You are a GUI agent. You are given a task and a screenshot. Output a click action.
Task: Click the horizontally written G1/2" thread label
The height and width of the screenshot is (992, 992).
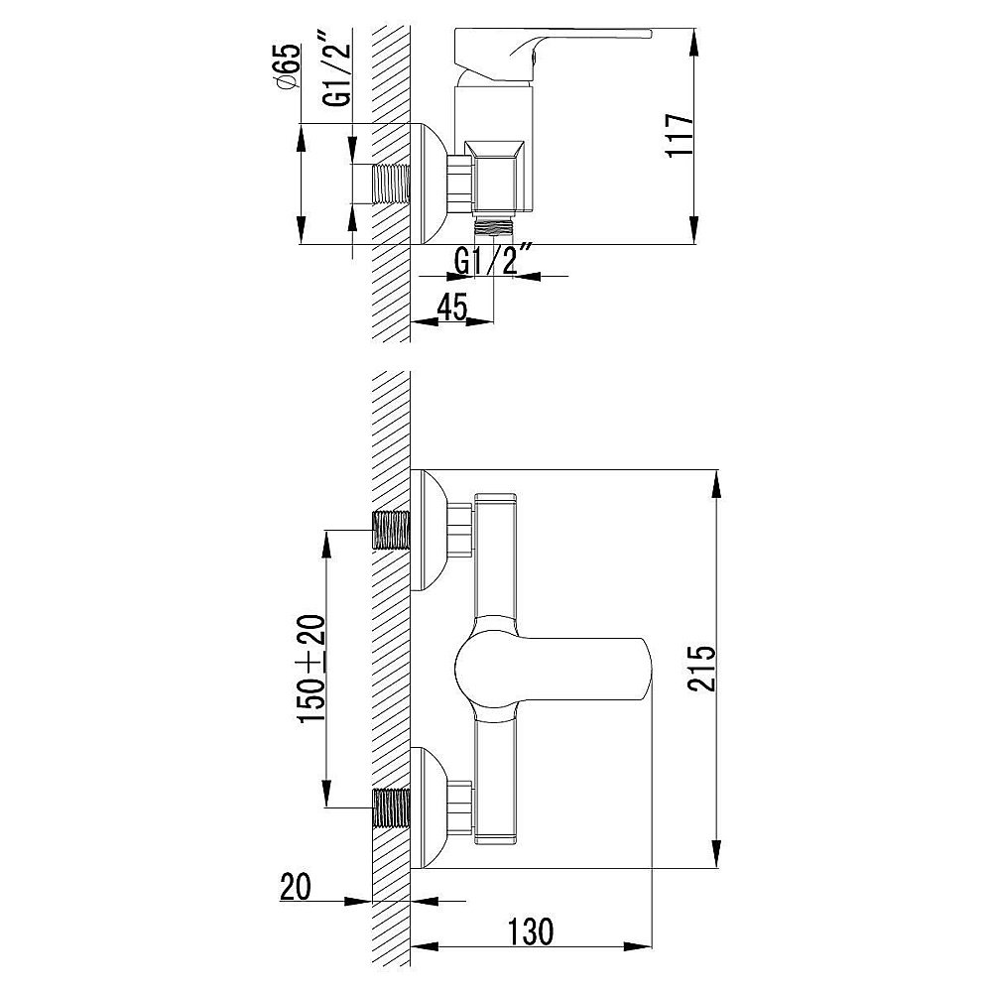(494, 262)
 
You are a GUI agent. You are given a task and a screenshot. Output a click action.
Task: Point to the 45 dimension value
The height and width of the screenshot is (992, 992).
(452, 308)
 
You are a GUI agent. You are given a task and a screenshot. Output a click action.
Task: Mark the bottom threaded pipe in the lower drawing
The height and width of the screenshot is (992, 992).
(391, 808)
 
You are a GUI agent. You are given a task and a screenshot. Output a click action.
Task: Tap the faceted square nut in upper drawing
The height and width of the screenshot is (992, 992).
(496, 179)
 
